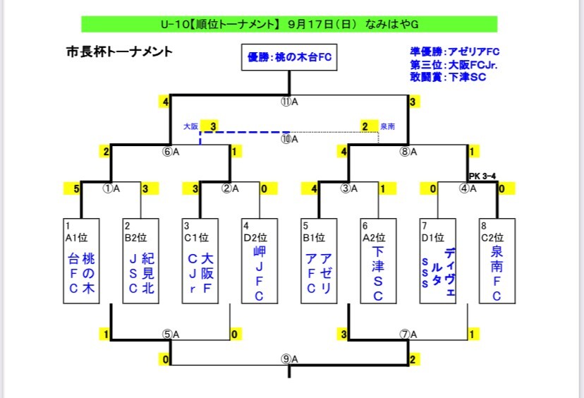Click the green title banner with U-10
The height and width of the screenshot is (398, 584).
click(x=289, y=25)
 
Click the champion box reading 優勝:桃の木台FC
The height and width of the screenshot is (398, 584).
click(x=289, y=57)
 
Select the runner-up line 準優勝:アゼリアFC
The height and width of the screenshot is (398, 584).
click(x=454, y=52)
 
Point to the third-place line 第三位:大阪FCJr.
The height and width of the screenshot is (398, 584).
click(x=454, y=64)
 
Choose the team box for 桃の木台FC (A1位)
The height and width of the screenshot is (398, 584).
click(x=82, y=261)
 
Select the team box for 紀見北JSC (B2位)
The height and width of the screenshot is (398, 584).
click(x=141, y=261)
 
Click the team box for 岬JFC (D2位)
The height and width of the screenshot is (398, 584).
click(x=260, y=261)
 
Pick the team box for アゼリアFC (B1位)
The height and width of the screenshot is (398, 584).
click(x=319, y=261)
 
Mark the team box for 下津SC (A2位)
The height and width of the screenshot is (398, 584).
click(x=378, y=261)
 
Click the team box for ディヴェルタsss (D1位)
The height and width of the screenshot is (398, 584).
click(x=437, y=261)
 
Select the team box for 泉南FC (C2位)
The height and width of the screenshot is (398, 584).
click(x=497, y=261)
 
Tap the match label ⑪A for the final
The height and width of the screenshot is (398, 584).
click(x=289, y=102)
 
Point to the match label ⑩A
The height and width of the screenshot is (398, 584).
click(x=289, y=139)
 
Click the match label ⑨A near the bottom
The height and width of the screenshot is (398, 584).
click(x=289, y=358)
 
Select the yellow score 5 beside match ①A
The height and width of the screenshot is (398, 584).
click(x=74, y=188)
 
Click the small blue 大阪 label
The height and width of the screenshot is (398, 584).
click(x=190, y=126)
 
